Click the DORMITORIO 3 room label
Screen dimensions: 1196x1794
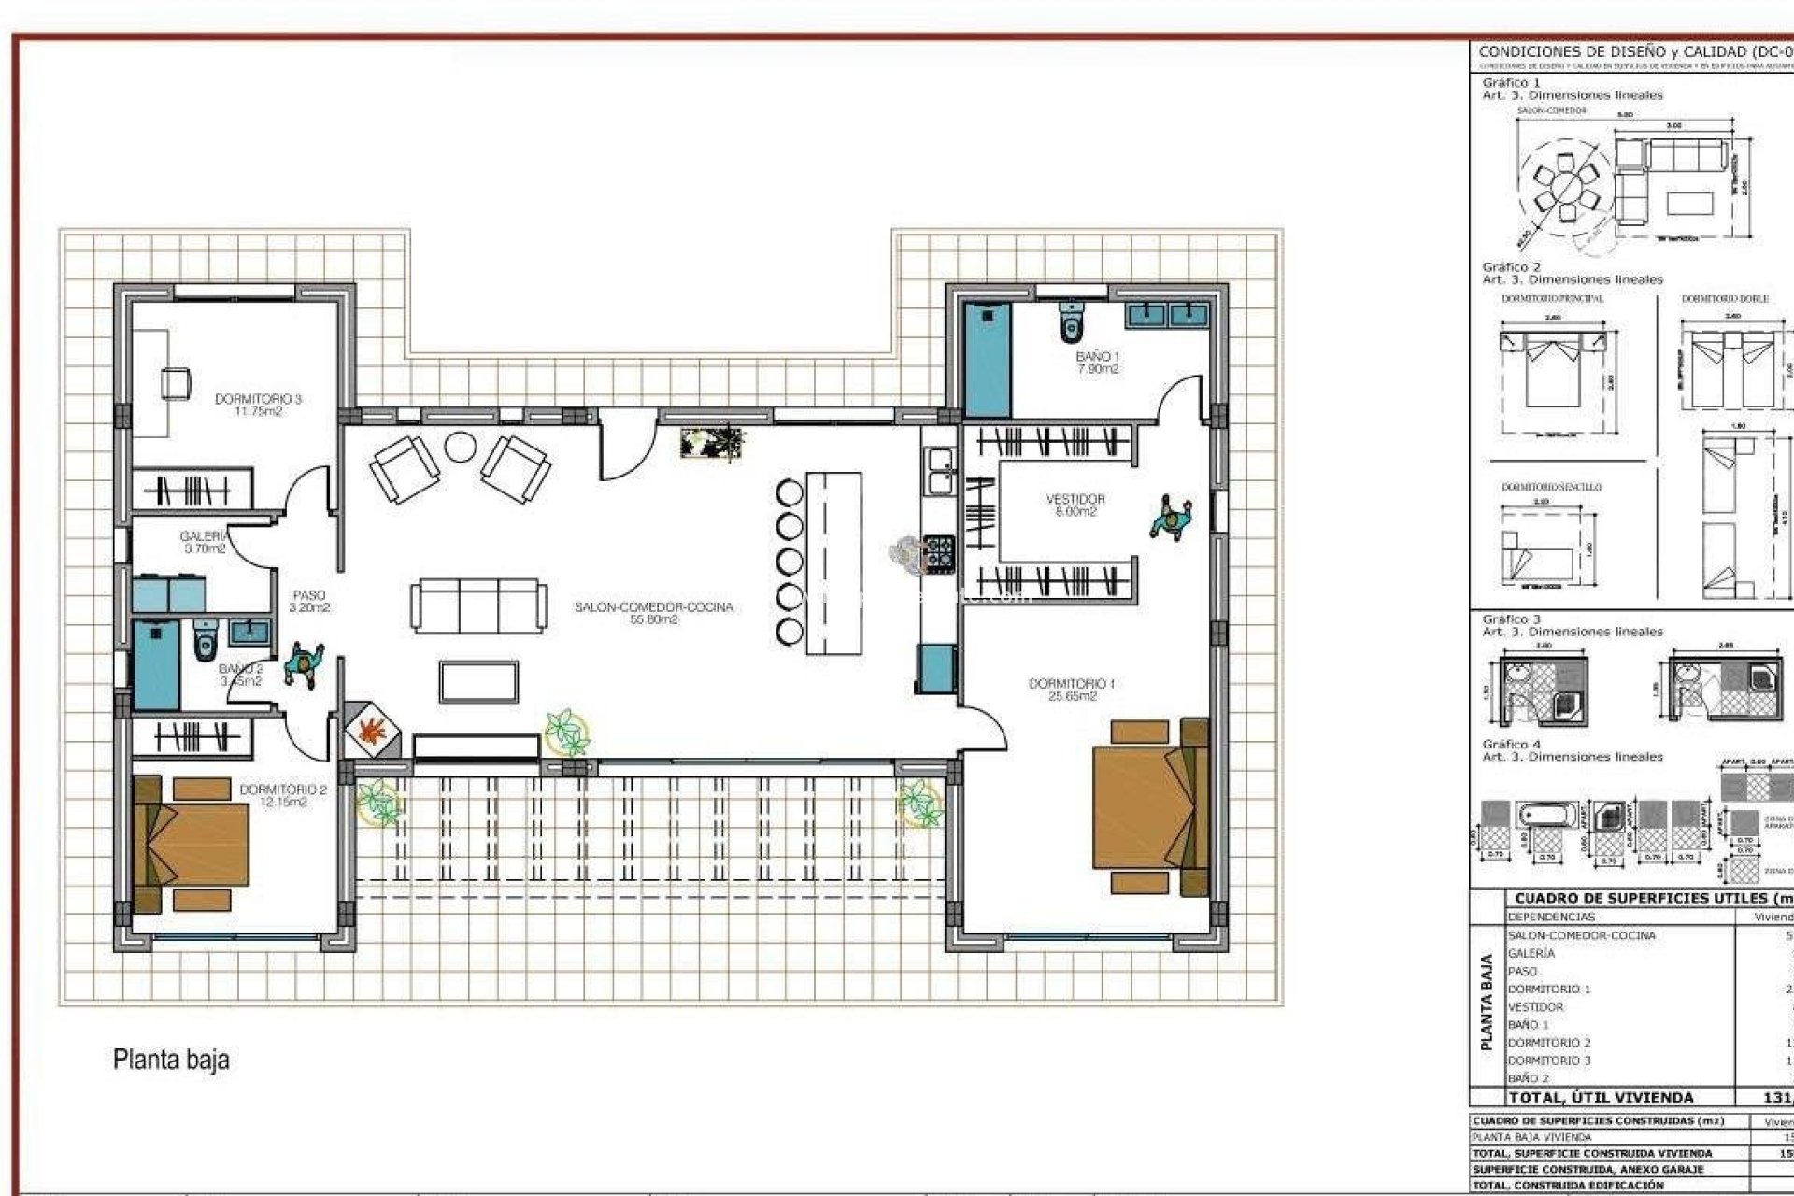click(x=258, y=405)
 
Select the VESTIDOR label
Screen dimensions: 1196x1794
click(x=1075, y=505)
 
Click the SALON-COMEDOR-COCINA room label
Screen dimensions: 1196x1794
click(x=653, y=612)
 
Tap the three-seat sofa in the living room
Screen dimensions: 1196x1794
click(x=478, y=605)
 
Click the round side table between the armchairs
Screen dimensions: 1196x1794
click(x=460, y=447)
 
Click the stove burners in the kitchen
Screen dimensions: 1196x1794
click(x=938, y=552)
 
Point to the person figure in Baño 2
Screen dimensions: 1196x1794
click(x=304, y=664)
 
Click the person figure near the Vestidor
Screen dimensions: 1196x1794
click(x=1172, y=519)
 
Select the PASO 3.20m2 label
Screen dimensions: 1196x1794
click(x=309, y=601)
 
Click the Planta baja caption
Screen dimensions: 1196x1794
click(x=171, y=1060)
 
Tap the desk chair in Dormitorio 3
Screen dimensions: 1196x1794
click(x=176, y=383)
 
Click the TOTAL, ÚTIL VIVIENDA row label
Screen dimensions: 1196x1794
click(x=1600, y=1098)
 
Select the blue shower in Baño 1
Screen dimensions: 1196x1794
click(x=988, y=360)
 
